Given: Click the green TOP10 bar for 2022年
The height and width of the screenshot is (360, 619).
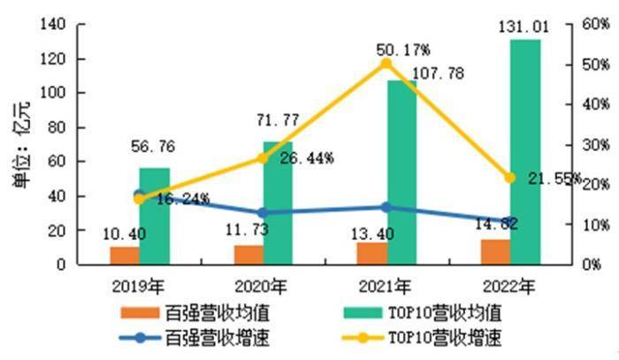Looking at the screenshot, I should tap(524, 150).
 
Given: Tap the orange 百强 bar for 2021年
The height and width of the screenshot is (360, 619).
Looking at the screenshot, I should tap(371, 253).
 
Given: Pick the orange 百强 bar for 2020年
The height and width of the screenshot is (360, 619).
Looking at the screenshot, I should tap(248, 255).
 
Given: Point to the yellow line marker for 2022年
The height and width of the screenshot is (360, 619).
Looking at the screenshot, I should tap(510, 178).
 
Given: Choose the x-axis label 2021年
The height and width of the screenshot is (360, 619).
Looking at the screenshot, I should tap(386, 287).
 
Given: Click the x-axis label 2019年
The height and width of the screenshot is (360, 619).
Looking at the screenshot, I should tap(138, 287).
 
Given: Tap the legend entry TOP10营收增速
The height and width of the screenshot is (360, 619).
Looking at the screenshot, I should tap(439, 337).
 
